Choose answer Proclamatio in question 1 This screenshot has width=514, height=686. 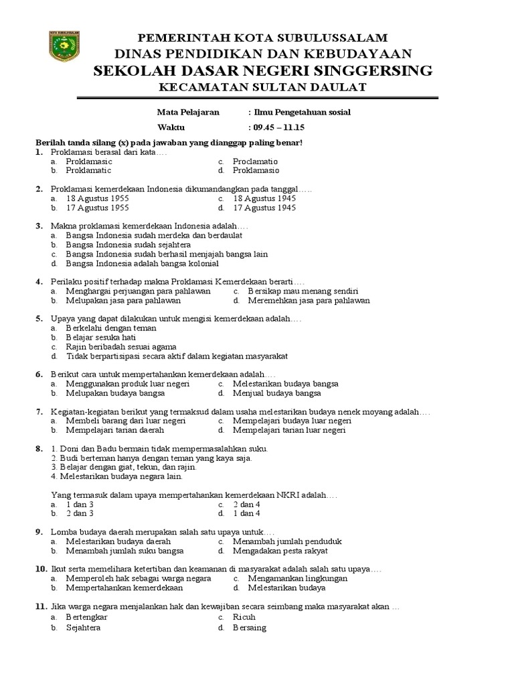[255, 161]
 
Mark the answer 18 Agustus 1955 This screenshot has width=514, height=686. [97, 199]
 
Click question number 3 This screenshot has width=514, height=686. [39, 227]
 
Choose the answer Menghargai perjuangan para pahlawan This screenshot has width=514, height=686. [138, 291]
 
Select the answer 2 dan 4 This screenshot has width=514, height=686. [246, 504]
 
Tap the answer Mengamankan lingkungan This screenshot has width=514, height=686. [297, 578]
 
